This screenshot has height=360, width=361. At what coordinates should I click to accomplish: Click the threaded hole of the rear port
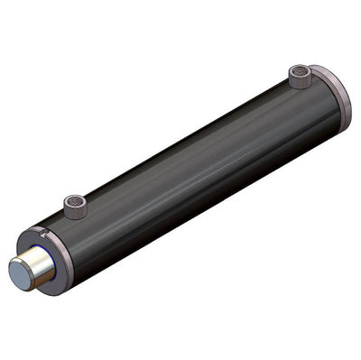pyautogui.click(x=301, y=72)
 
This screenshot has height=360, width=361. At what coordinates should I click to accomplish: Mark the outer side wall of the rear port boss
pyautogui.click(x=300, y=82)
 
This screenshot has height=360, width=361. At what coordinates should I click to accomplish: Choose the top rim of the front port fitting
pyautogui.click(x=74, y=197)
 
